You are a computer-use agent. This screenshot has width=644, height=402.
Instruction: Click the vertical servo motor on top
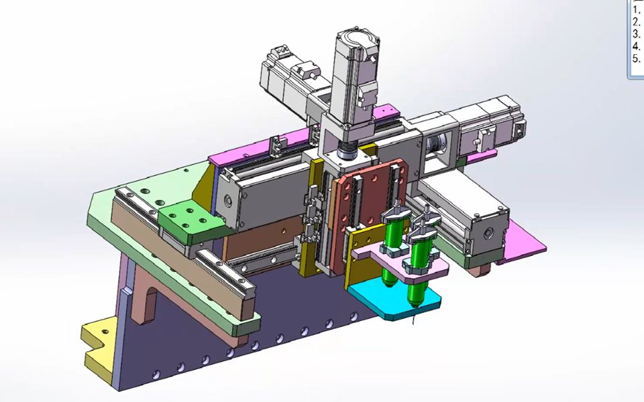click(356, 78)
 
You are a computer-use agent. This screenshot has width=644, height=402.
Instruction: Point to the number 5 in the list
click(636, 58)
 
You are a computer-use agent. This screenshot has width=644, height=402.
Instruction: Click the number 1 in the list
click(636, 11)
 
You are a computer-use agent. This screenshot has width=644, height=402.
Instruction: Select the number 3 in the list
click(636, 33)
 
